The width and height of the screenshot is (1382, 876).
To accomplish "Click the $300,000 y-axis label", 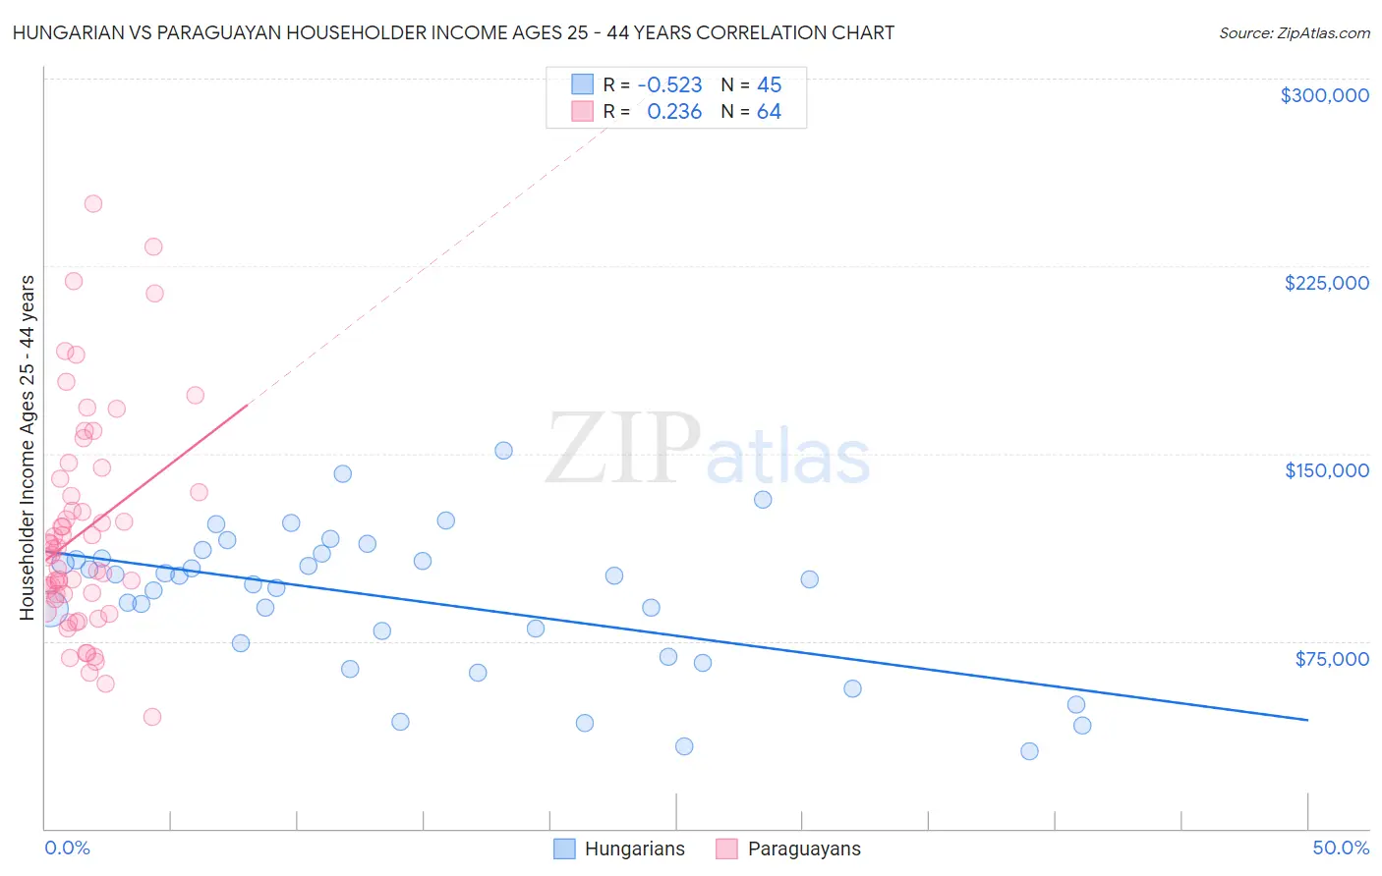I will click(x=1324, y=95).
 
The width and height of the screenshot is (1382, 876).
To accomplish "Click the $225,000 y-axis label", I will click(x=1326, y=283).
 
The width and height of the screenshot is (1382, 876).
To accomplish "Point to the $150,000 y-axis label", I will click(x=1326, y=470).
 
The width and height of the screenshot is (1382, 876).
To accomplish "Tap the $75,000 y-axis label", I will click(x=1331, y=659).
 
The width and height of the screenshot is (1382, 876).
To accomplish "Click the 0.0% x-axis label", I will click(x=67, y=848).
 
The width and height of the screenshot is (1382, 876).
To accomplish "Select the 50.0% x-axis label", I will click(x=1340, y=848).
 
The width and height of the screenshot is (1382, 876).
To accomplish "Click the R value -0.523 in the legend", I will click(x=669, y=85).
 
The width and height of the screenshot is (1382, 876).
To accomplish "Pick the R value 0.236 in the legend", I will click(x=674, y=112).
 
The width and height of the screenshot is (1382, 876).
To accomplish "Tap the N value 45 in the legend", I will click(x=769, y=85).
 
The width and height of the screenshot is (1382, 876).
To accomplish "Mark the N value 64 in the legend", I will click(x=769, y=112).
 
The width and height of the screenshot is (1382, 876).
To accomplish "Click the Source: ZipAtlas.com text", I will click(x=1294, y=33).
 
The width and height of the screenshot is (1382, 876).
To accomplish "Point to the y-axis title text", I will click(x=28, y=448).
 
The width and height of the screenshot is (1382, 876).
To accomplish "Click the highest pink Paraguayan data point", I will click(x=93, y=204).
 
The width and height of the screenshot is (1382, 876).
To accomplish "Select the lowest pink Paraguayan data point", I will click(x=152, y=717).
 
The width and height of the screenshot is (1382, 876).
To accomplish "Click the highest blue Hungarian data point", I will click(x=503, y=451).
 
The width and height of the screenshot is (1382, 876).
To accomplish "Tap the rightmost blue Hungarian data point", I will click(x=1082, y=726).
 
